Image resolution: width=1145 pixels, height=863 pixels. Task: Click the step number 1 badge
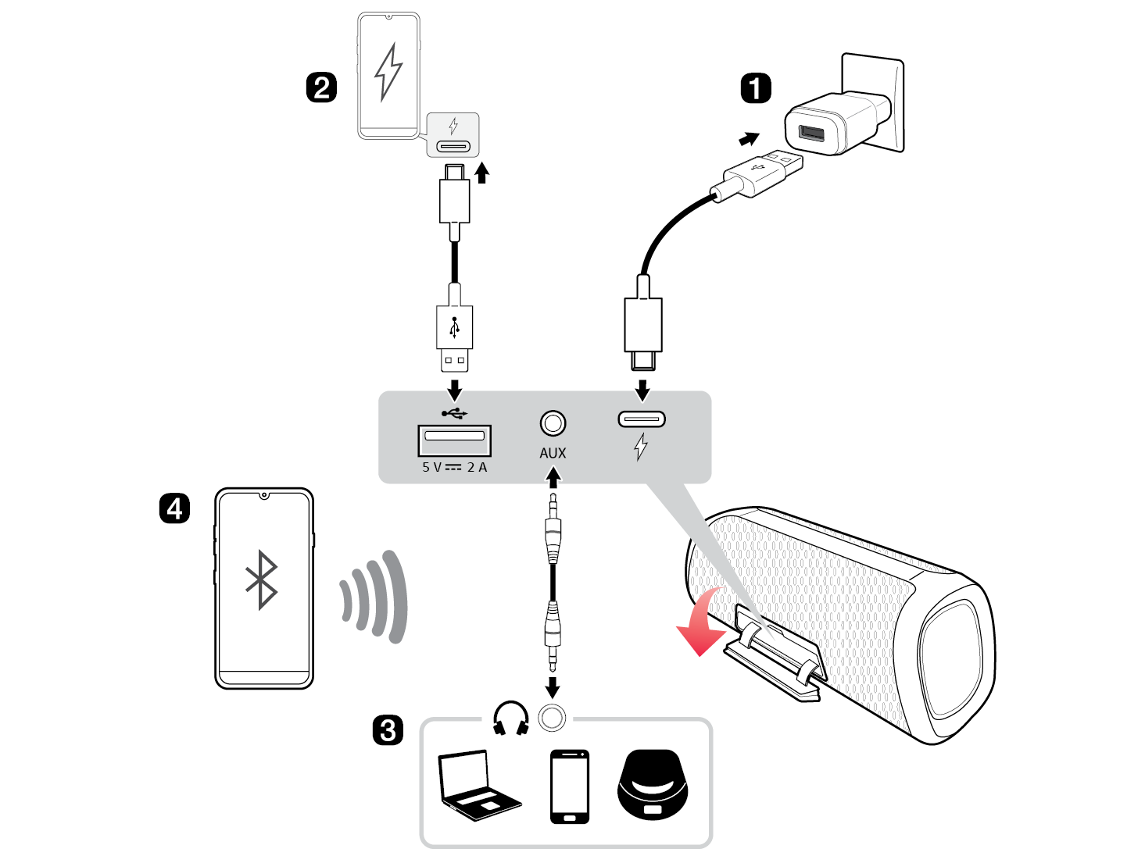pyautogui.click(x=755, y=88)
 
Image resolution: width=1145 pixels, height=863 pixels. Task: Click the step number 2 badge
pyautogui.click(x=320, y=87)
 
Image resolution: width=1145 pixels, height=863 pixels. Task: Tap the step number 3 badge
pyautogui.click(x=388, y=731)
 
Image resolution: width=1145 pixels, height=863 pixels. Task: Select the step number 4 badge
pyautogui.click(x=174, y=508)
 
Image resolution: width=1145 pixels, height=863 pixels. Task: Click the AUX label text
pyautogui.click(x=553, y=453)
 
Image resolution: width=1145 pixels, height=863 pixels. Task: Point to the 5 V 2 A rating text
pyautogui.click(x=454, y=467)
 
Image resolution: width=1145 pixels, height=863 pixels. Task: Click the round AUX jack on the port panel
pyautogui.click(x=553, y=423)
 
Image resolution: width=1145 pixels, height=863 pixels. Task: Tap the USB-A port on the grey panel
pyautogui.click(x=454, y=440)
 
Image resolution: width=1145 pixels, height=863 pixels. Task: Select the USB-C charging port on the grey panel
pyautogui.click(x=642, y=419)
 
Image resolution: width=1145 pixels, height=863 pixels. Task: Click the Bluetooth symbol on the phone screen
pyautogui.click(x=262, y=579)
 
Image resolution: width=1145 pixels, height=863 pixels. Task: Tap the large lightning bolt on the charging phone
pyautogui.click(x=388, y=72)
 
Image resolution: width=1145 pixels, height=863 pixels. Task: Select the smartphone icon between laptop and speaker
pyautogui.click(x=570, y=786)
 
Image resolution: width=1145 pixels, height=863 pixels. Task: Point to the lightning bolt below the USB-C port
pyautogui.click(x=641, y=447)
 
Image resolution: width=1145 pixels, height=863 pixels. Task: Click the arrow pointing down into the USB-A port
pyautogui.click(x=454, y=390)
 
